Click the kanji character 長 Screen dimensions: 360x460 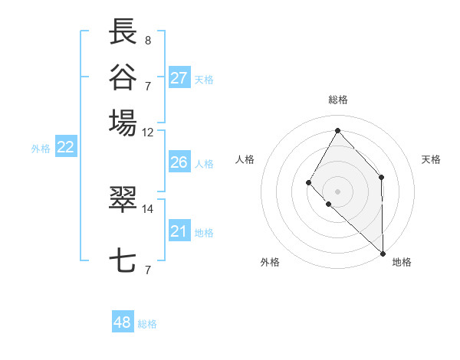[x=123, y=31]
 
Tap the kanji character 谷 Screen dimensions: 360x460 [x=123, y=77]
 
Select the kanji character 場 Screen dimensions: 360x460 [x=123, y=122]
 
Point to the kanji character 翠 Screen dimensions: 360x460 [x=123, y=199]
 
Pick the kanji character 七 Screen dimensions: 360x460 [x=123, y=261]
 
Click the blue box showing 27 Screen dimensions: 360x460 [x=179, y=78]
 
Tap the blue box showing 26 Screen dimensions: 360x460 [x=179, y=162]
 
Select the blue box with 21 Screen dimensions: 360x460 [x=179, y=231]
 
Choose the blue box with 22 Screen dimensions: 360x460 [x=65, y=148]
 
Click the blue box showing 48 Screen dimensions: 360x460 [x=123, y=322]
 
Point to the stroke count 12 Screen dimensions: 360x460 [x=148, y=132]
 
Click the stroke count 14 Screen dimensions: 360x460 [x=148, y=208]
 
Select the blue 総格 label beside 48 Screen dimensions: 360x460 [x=147, y=324]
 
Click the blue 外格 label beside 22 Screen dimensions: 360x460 [x=41, y=149]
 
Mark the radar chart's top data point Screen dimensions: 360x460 [x=337, y=129]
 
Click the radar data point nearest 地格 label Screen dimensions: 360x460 [x=383, y=252]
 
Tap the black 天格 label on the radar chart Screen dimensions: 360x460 [x=432, y=159]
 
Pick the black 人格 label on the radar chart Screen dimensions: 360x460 [x=245, y=159]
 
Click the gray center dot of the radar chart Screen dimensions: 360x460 [x=337, y=191]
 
